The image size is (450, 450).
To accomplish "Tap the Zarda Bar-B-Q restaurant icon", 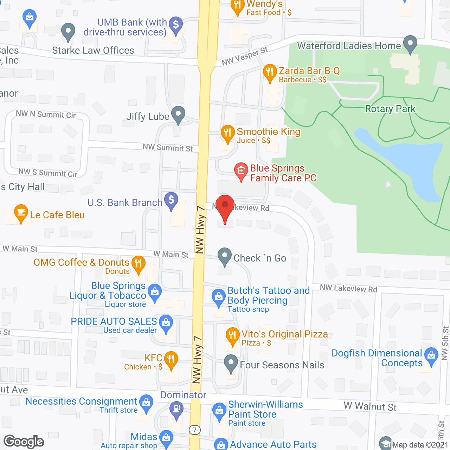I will (x=269, y=72).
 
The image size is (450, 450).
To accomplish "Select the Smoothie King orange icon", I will (x=227, y=133).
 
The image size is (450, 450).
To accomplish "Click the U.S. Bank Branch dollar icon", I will (x=171, y=201).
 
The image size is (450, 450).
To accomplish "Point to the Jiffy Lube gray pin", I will (x=178, y=114).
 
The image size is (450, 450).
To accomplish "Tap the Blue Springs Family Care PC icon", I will (x=241, y=171).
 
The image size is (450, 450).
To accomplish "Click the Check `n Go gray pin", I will (x=225, y=256).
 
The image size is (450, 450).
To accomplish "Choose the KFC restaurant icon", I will (x=171, y=360).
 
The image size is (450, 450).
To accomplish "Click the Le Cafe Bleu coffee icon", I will (x=21, y=212).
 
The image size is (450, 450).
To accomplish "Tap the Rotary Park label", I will (x=390, y=109).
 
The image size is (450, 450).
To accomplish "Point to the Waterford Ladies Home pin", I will (x=410, y=44).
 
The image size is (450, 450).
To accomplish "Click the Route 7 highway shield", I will (x=195, y=430).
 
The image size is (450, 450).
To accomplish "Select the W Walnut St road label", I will (x=370, y=406).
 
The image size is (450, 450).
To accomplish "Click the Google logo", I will (x=24, y=442).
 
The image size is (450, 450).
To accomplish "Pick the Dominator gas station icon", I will (x=176, y=410).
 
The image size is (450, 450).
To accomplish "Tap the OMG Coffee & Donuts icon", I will (x=138, y=264).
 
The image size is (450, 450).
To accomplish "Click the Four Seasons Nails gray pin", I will (x=231, y=364).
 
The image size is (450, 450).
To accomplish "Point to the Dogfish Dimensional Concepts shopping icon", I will (x=431, y=356).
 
